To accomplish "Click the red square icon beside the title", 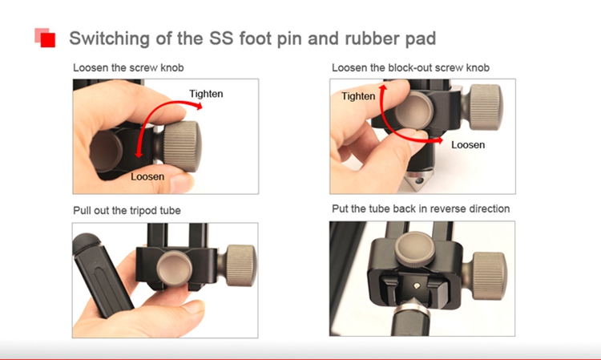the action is pos(45,38).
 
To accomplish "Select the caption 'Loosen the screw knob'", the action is pos(128,68).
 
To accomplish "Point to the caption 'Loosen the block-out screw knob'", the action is pos(410,68).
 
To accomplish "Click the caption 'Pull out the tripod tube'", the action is pos(127,211).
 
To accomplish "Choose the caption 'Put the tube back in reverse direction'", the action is pos(421,208).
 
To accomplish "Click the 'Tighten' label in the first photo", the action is pos(206,94).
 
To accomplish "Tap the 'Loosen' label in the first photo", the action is pos(147,176).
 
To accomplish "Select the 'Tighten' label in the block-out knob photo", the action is pos(358,96).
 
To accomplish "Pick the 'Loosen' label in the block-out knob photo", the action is pos(468,145).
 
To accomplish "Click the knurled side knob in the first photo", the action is pos(182,147).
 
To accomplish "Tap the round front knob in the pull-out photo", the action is pos(175,268).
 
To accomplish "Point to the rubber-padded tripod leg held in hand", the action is pos(101,274).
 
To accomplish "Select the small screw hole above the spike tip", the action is pos(417,285).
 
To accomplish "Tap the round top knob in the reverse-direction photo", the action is pos(415,249).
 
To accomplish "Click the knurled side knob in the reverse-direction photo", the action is pos(490,275).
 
